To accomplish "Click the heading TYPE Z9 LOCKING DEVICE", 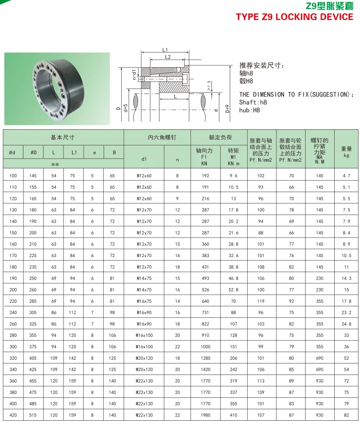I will tap(294, 17).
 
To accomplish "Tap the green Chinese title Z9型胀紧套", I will tap(329, 6).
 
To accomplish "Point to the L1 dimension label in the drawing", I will tap(165, 50).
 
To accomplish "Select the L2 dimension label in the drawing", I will tap(168, 57).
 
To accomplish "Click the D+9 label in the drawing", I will tap(227, 108).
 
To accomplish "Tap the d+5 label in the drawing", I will tap(125, 108).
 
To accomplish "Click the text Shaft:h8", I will tap(254, 102).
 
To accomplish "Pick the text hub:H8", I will tap(249, 110).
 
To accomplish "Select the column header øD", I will tap(33, 153).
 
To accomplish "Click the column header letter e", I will tap(94, 153).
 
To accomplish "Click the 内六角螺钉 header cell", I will tap(157, 137).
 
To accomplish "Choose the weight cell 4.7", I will tap(346, 176).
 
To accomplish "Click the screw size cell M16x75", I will tap(144, 301).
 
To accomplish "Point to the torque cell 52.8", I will tap(233, 290).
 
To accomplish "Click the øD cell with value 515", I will tap(33, 415).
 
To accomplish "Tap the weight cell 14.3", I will tap(346, 278).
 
